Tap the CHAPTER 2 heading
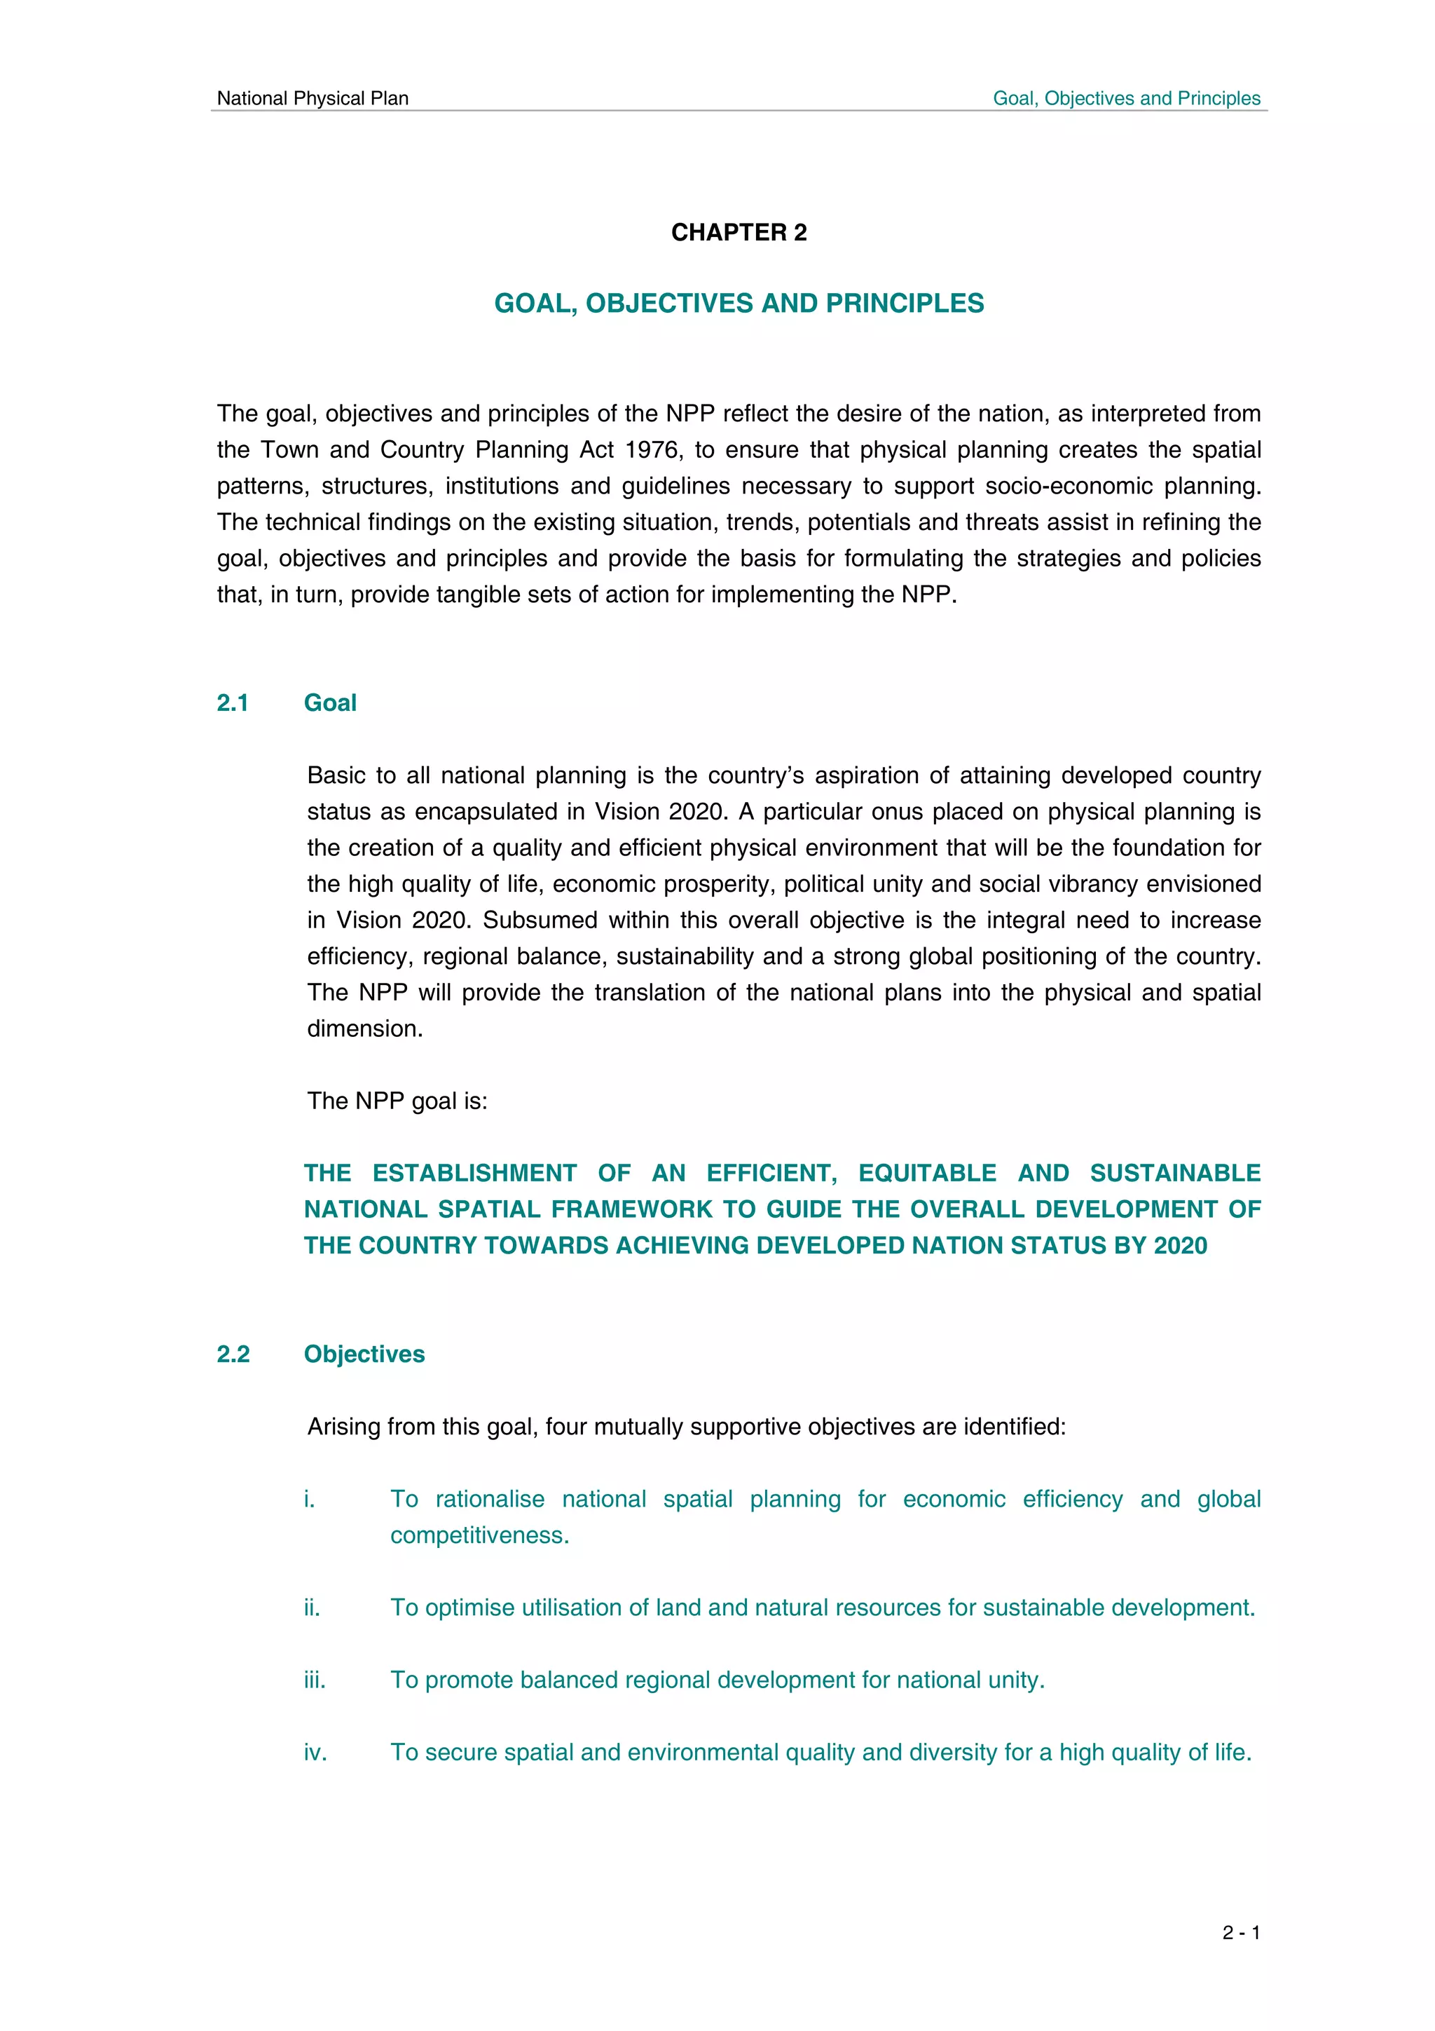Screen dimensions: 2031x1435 739,233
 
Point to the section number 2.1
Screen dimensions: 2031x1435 233,703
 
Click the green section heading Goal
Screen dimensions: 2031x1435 330,703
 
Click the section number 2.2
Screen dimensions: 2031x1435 233,1354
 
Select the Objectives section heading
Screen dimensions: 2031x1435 364,1354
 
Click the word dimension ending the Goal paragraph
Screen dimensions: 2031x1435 364,1028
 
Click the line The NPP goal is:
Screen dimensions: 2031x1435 397,1101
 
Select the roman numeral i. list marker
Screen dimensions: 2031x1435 310,1500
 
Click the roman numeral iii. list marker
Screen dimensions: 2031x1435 315,1680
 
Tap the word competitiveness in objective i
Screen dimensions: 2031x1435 479,1535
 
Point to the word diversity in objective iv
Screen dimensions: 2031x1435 941,1753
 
